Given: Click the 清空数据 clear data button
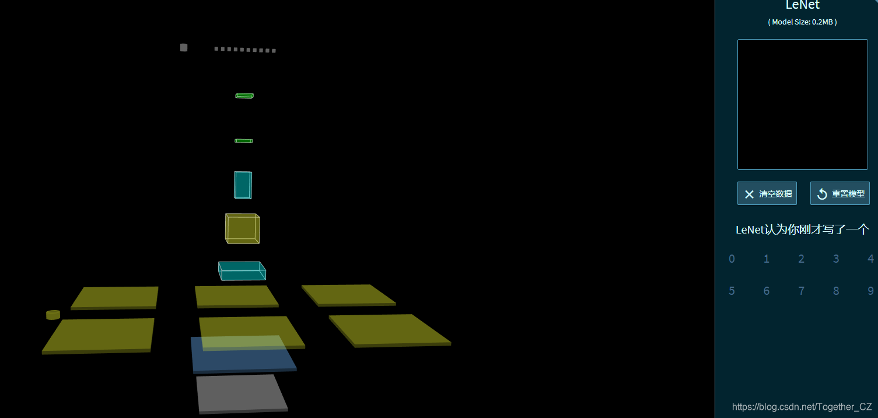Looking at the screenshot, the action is (x=767, y=194).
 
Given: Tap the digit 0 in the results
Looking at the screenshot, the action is (x=732, y=259).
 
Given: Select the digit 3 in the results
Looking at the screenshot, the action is (x=836, y=259).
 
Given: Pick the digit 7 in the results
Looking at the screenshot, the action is (x=801, y=291).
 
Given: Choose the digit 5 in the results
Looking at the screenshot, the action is (x=732, y=291).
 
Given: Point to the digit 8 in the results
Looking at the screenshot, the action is (x=836, y=291).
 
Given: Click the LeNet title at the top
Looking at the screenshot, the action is (x=802, y=5).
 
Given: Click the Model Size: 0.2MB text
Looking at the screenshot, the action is (x=802, y=22).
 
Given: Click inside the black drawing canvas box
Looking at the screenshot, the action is (x=802, y=104).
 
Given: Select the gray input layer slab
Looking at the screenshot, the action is (x=242, y=394).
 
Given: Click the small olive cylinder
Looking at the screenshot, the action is (x=53, y=315).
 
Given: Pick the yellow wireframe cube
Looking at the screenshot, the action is (x=242, y=228).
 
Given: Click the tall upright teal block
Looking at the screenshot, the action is (x=243, y=184).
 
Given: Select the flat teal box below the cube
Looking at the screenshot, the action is (x=242, y=271).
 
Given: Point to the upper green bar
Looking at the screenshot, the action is (x=244, y=96).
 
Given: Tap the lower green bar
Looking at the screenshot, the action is (x=243, y=141).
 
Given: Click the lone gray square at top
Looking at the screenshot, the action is (x=184, y=48).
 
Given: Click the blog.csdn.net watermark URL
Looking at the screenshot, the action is (x=802, y=407).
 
